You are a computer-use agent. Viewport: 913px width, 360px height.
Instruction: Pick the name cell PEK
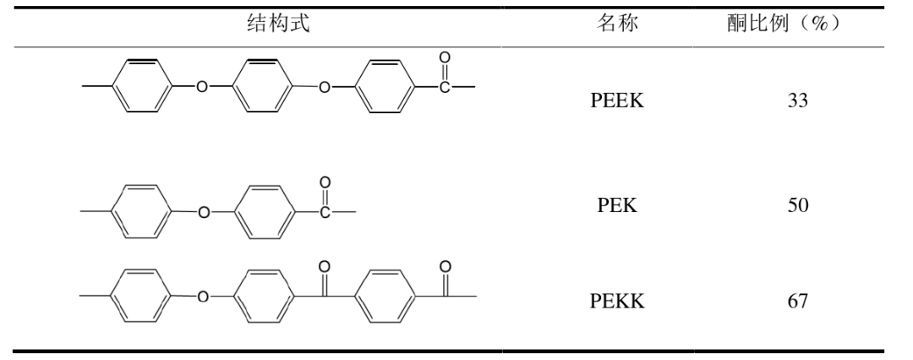point(617,207)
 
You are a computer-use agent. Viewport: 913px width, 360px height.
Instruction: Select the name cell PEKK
point(617,300)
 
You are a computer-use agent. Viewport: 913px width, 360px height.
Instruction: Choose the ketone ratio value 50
point(797,207)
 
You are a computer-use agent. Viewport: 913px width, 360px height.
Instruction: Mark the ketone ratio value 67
point(797,300)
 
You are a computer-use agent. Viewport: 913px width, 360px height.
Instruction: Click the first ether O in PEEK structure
point(200,87)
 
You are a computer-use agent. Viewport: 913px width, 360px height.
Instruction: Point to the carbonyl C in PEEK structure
point(445,87)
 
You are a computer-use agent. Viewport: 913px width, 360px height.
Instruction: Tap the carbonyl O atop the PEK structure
point(325,182)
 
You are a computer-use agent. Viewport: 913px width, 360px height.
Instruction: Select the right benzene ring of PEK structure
point(263,212)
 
